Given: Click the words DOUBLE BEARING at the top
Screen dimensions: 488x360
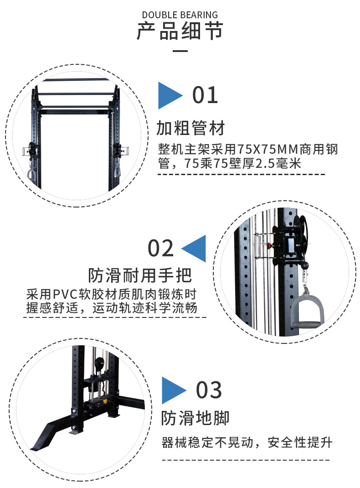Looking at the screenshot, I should coord(180,15).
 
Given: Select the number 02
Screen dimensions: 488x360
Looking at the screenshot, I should coord(161,248).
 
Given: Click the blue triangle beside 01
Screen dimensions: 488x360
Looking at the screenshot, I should coord(169,95).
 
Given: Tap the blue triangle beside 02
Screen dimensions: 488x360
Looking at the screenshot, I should coord(195,249).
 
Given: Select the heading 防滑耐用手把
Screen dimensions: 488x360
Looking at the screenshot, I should coord(140,275).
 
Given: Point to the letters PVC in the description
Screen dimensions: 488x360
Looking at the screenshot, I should coord(67,293).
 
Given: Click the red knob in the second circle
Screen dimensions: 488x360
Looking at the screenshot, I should coord(269,245).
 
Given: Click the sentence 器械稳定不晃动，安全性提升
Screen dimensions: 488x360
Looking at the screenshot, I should coord(247,442).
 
